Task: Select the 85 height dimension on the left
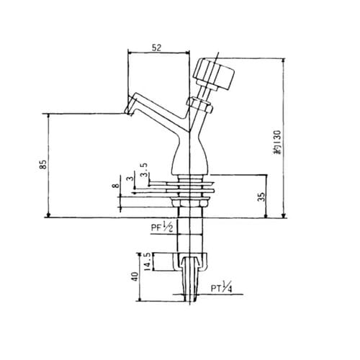pos(43,166)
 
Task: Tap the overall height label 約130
pos(274,143)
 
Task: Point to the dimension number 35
pos(261,195)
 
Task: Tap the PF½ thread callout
pos(161,229)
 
